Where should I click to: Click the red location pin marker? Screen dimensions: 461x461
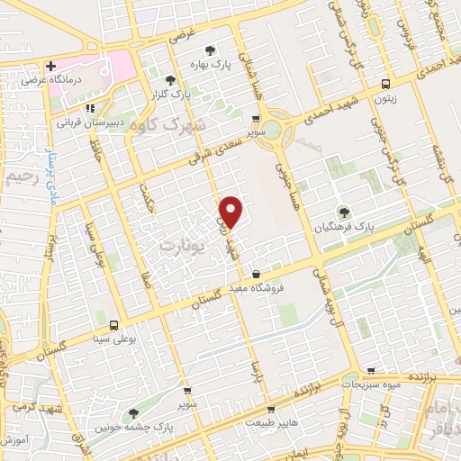coord(232,212)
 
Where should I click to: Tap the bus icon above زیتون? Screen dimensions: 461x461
coord(386,78)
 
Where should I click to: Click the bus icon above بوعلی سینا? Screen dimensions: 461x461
coord(113,325)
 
